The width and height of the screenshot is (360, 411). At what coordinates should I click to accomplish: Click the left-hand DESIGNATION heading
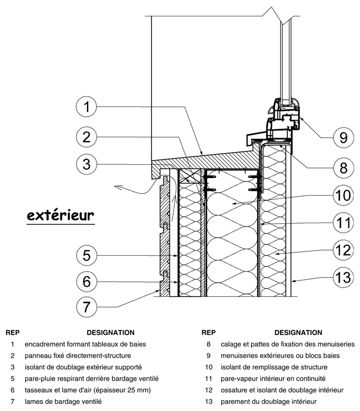(110, 333)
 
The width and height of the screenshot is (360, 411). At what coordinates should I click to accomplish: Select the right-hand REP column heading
(208, 333)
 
